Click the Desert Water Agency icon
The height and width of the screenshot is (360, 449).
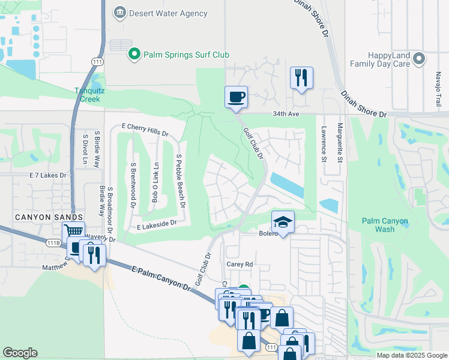point(120,13)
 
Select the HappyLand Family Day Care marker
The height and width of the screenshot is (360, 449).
point(419,59)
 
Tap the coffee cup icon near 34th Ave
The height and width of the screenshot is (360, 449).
point(237,96)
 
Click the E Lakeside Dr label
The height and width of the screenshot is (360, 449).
point(157,225)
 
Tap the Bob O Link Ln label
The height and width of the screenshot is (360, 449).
point(155,182)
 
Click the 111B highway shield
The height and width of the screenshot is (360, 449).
point(54,242)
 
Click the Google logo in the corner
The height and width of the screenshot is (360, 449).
point(20,353)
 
